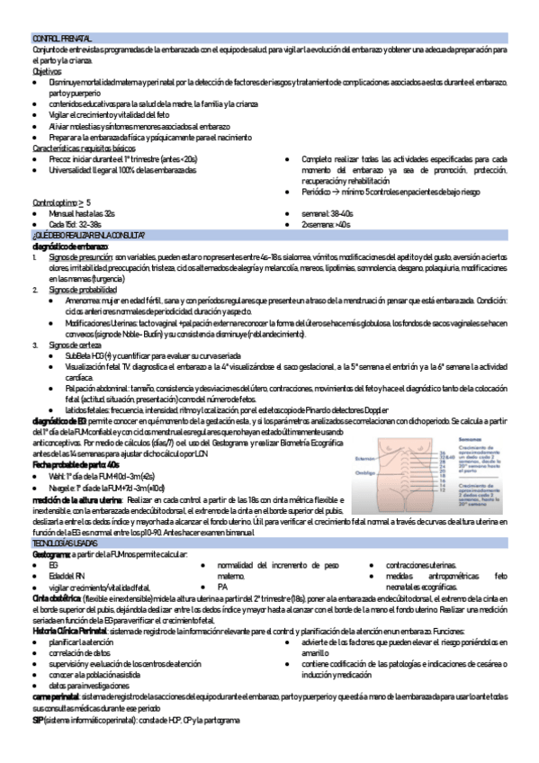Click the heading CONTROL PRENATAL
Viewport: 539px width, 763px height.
(x=61, y=39)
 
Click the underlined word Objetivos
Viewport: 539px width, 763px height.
(x=46, y=71)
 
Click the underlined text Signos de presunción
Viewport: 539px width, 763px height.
(x=81, y=258)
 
